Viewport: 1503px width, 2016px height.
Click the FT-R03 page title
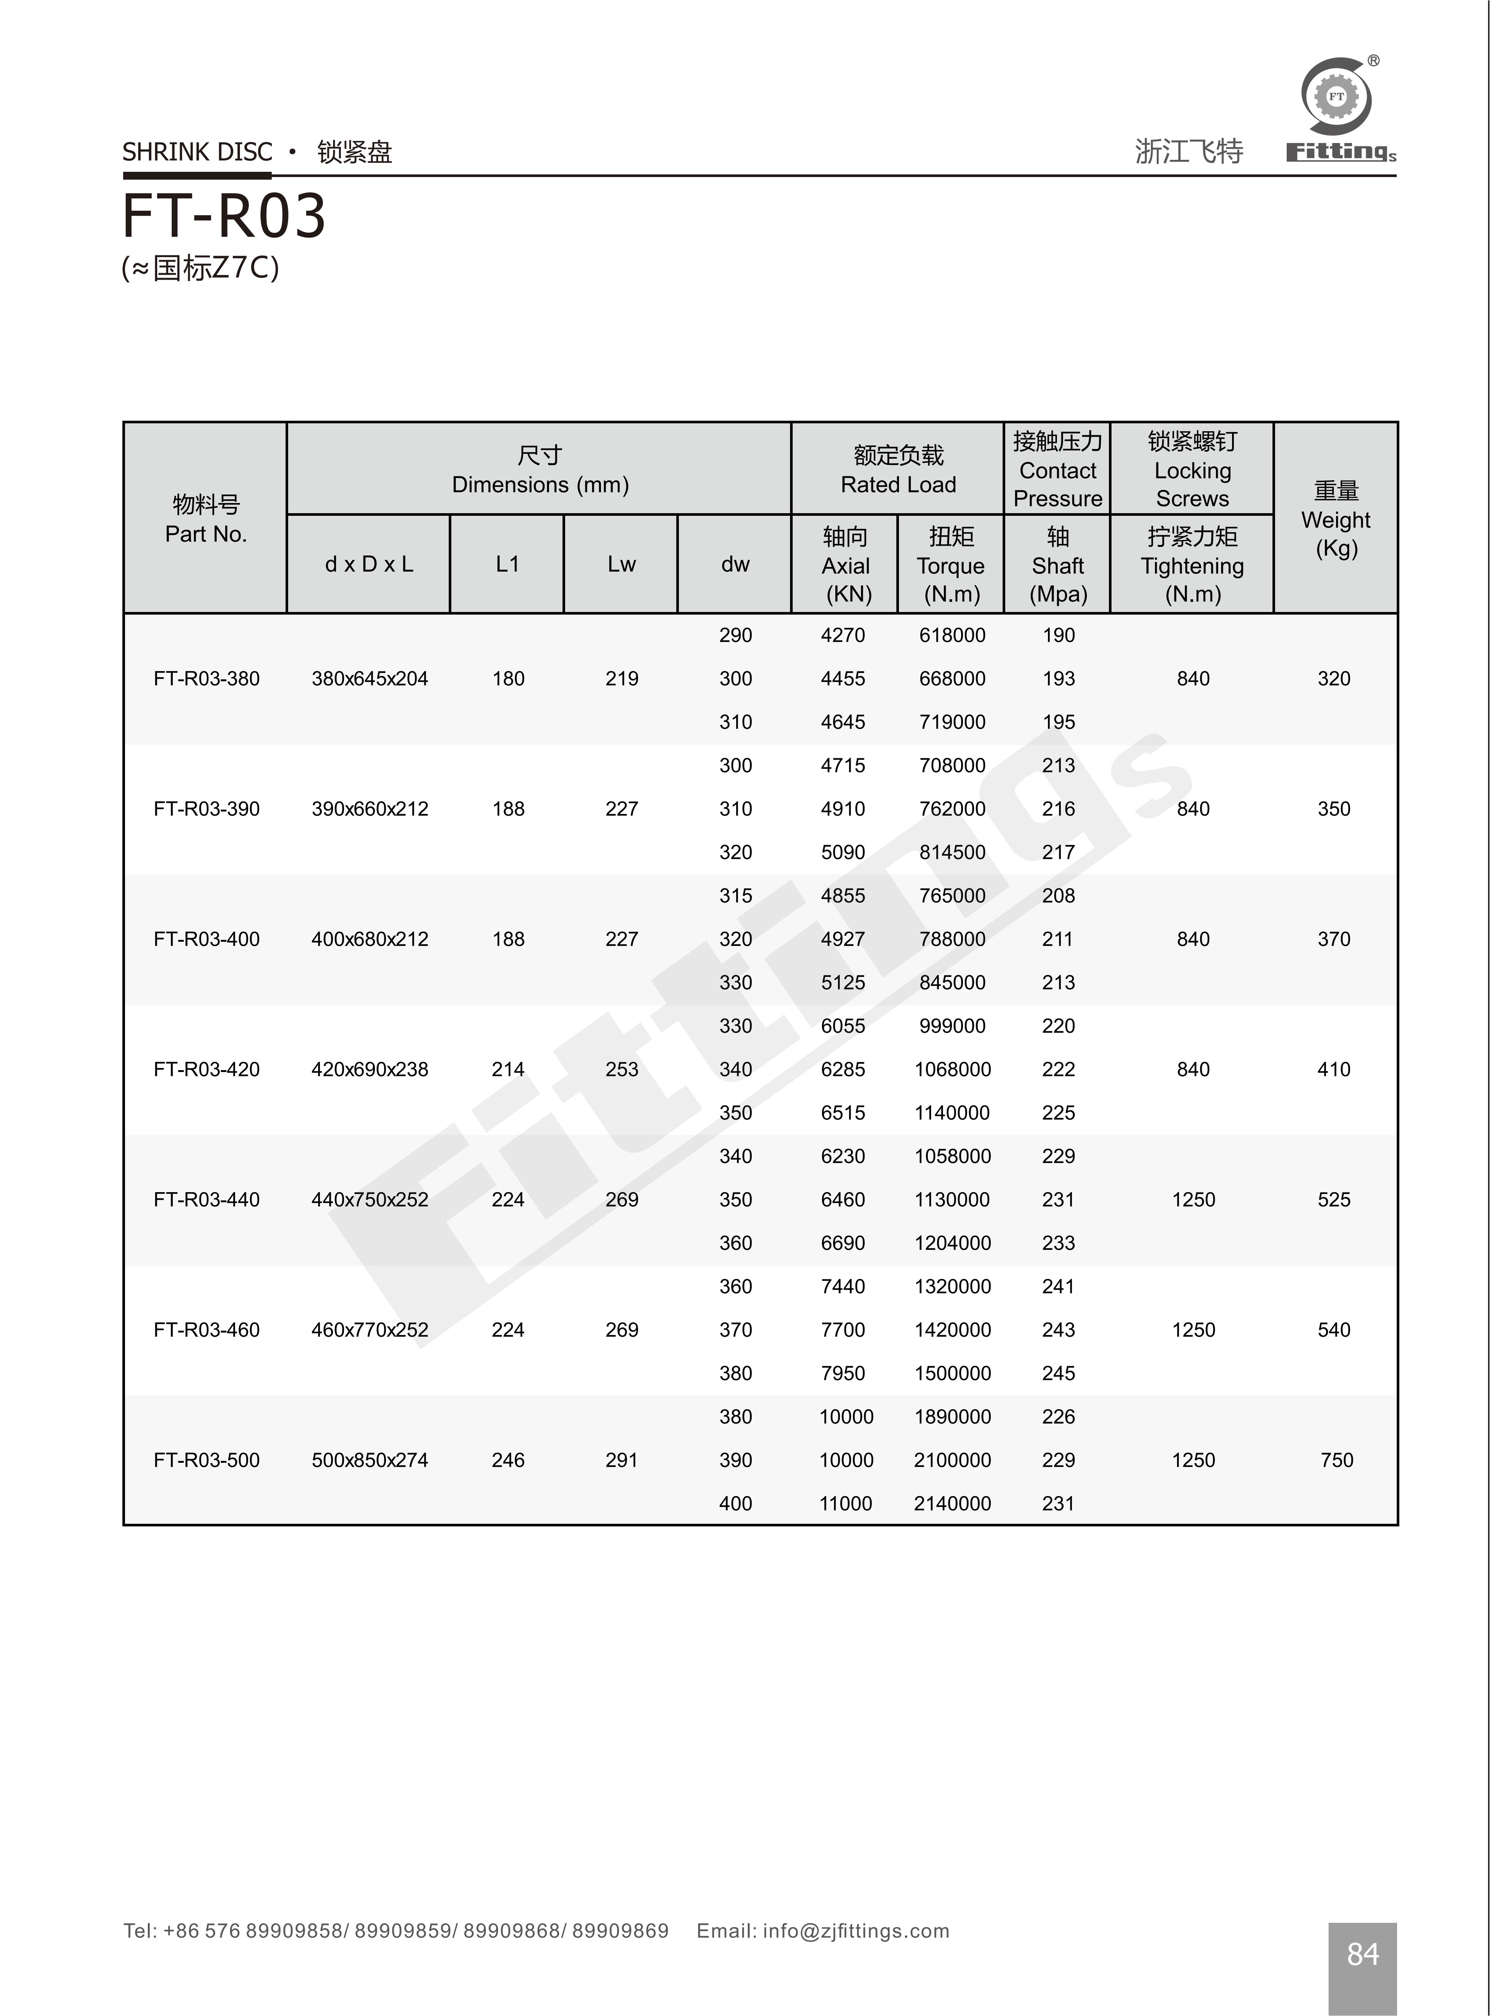coord(224,216)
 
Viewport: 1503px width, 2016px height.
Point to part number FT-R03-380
coord(207,679)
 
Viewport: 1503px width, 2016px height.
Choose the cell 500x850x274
coord(369,1460)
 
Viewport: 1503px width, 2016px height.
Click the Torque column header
coord(951,565)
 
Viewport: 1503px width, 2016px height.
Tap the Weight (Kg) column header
coord(1336,520)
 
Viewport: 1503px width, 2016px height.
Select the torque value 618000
coord(952,635)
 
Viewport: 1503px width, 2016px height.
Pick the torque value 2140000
coord(952,1504)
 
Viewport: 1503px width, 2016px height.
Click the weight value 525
coord(1334,1200)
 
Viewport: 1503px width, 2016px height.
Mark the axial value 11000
coord(845,1504)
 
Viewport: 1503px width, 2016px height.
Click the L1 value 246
coord(507,1460)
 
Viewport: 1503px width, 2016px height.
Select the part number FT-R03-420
coord(207,1070)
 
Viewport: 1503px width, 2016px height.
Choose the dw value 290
coord(735,635)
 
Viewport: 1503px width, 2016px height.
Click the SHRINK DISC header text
coord(198,152)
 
